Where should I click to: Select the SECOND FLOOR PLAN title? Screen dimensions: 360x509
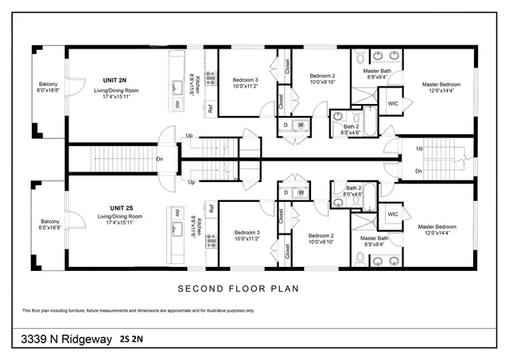click(x=238, y=288)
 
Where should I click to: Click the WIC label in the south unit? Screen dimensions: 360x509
click(x=393, y=215)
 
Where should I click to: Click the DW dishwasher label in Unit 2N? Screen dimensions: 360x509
click(x=177, y=104)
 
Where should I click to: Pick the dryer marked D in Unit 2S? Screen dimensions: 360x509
click(x=286, y=192)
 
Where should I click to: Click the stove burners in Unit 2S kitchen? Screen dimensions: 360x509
click(x=212, y=238)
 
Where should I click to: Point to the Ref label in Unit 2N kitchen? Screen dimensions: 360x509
click(x=210, y=108)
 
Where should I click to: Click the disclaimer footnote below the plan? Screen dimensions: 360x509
click(x=138, y=310)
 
